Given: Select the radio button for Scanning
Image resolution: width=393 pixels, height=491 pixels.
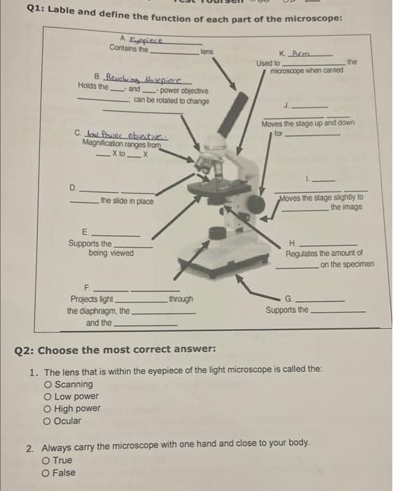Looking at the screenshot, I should (x=48, y=384).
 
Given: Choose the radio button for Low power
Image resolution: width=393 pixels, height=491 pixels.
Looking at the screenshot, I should (x=48, y=396).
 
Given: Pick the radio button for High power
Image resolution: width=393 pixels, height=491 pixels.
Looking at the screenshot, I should (x=48, y=409).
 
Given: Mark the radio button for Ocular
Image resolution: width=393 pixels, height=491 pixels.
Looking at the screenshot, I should (x=48, y=421).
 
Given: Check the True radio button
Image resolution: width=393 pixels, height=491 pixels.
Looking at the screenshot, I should (x=46, y=461).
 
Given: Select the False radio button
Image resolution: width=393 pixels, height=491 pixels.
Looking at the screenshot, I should (x=46, y=473).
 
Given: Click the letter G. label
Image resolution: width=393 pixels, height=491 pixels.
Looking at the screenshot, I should (x=289, y=298).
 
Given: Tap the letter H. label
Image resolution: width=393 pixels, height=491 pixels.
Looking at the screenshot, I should (x=292, y=243).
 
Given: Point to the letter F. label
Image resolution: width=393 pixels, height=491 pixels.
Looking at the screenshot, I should (x=88, y=288).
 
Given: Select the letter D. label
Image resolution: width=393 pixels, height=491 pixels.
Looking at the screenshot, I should (x=73, y=187).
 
